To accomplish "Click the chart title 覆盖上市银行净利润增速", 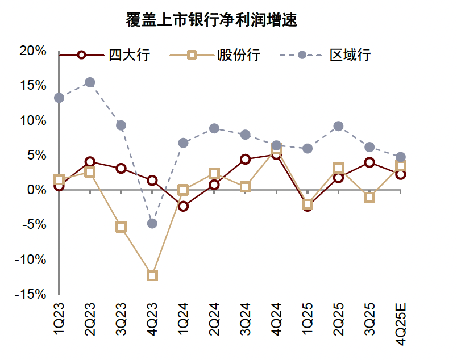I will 212,22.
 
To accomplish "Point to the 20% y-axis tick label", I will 32,51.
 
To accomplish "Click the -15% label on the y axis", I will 31,294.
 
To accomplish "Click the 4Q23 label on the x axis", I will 152,322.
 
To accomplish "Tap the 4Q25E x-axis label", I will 400,325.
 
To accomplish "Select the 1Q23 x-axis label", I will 59,322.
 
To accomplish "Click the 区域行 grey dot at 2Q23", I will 90,82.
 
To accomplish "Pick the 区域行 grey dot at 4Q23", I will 152,223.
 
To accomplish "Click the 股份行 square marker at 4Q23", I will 152,275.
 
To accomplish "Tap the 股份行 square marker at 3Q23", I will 121,227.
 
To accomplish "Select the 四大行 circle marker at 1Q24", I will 183,206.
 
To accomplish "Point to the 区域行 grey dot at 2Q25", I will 338,126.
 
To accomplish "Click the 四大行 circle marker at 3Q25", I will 369,162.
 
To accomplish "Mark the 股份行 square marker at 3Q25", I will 369,198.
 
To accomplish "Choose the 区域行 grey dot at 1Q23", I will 59,98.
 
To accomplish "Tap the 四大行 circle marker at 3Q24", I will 245,159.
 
